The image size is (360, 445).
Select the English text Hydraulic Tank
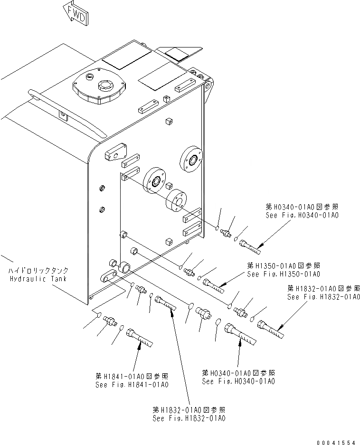pos(38,279)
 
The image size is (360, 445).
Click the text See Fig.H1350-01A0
pos(284,274)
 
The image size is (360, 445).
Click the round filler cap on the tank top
pos(99,87)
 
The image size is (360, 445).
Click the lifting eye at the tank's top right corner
pos(207,87)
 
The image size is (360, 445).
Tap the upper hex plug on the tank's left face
pos(101,189)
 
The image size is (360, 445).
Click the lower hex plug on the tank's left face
pos(101,208)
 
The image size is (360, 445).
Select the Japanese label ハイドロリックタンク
pos(38,270)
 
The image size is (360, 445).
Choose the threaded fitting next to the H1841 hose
pos(111,322)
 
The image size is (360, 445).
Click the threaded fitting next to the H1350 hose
pos(190,272)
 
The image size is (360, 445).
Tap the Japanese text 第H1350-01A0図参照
pos(284,265)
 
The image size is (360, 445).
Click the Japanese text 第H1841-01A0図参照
pos(132,376)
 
